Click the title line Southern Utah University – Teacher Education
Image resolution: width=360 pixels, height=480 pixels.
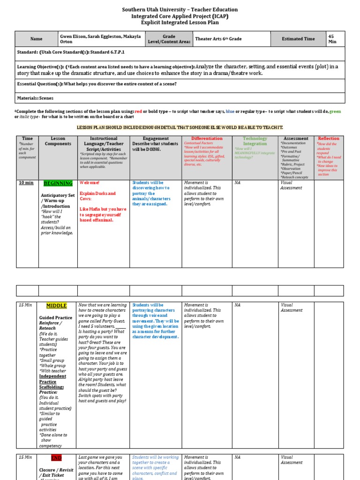tap(180, 9)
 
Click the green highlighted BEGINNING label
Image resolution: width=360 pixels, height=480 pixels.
tap(58, 183)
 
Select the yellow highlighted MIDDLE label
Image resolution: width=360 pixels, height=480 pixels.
tap(56, 306)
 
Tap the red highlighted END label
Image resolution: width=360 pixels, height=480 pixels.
tap(56, 457)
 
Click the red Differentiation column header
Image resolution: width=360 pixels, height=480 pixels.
tap(207, 139)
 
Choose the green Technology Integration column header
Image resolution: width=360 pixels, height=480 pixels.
tap(255, 141)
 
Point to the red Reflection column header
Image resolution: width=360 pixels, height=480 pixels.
tap(328, 139)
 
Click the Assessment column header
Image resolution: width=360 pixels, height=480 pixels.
tap(296, 139)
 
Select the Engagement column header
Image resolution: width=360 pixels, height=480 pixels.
tap(156, 139)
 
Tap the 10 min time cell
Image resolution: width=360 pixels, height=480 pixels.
tap(26, 183)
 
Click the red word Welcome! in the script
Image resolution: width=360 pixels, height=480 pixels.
tap(89, 182)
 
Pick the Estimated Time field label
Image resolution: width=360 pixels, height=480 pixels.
tap(298, 39)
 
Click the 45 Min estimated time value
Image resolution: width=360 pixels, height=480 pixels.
tap(332, 39)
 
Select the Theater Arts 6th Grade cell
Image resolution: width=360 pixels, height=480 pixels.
tap(218, 39)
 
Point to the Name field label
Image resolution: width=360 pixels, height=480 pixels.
tap(36, 39)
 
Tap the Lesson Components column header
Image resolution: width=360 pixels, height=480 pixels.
tap(58, 141)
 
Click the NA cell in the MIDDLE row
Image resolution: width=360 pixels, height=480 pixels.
tap(238, 305)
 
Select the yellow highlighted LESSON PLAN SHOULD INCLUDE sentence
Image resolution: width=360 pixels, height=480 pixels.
tap(180, 127)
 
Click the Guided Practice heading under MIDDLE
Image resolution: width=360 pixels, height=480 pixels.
tap(56, 318)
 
